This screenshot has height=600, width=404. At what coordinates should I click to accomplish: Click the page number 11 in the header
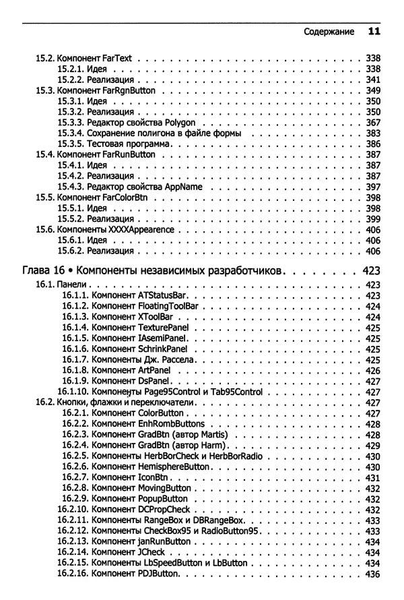coord(374,31)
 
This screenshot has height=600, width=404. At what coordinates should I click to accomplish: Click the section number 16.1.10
coord(76,392)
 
